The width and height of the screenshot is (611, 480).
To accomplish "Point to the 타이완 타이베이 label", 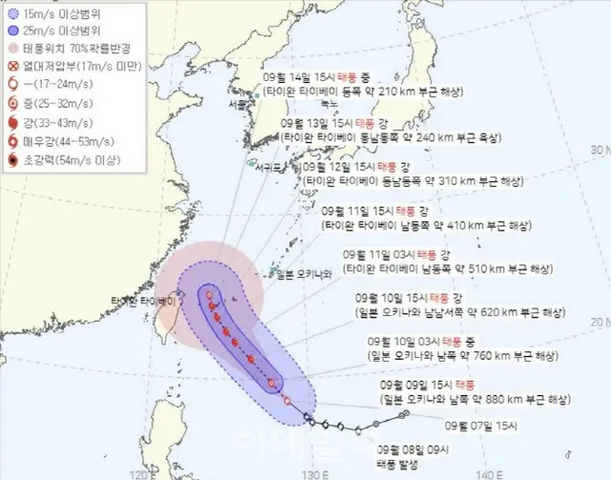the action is point(144,302).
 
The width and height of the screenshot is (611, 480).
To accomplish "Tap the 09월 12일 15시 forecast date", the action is point(340,166).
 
